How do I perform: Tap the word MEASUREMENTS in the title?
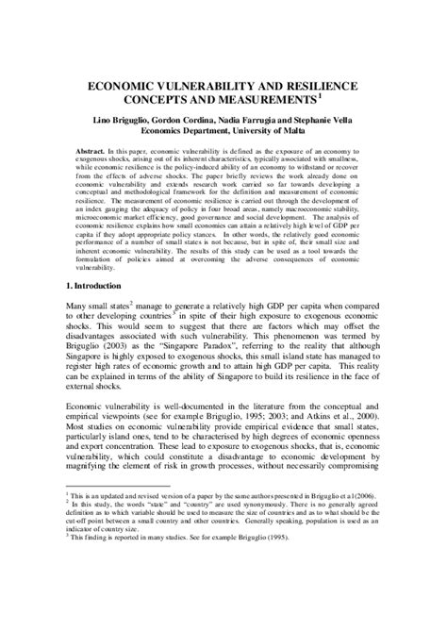pos(262,100)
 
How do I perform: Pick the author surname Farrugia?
pos(272,121)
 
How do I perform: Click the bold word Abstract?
pos(93,152)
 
